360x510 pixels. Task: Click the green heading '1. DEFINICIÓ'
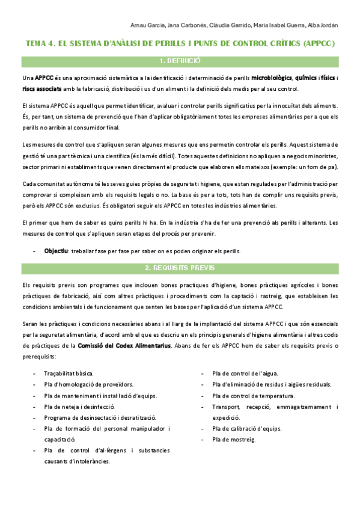point(180,61)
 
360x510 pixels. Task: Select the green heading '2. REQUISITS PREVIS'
point(180,268)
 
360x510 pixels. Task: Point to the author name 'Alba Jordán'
point(322,25)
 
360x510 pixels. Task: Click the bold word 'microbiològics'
point(272,78)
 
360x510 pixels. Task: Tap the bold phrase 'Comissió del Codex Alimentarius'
point(124,345)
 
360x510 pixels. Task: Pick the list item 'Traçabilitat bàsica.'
point(69,373)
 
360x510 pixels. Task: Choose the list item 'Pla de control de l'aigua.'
point(245,373)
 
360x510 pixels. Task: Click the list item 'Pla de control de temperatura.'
point(253,396)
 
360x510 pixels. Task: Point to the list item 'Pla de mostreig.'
point(234,440)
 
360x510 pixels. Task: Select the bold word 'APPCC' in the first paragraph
point(44,78)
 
